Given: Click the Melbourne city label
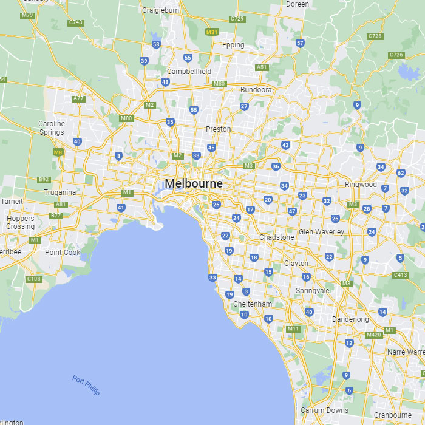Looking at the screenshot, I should coord(194,183).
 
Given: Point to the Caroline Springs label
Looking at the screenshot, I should coord(52,128).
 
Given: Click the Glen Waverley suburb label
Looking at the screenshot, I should coord(321,232).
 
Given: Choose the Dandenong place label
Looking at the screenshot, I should coord(350,319).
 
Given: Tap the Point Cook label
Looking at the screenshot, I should coord(63,253).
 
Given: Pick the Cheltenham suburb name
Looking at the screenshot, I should coord(252,304).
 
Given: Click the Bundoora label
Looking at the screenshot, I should coord(256,89).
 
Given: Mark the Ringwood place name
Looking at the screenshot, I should coord(361,185).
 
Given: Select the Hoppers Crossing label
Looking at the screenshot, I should coord(21,222).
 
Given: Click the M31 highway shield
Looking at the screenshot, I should coord(212,32).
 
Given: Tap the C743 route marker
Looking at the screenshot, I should coord(76,22).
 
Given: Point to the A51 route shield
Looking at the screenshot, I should coord(262,67).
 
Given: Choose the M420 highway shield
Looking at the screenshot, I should coord(373,335).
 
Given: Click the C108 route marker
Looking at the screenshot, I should coord(34,279).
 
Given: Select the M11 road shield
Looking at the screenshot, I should coord(294,329).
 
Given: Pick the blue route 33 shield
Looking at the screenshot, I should coord(212,277).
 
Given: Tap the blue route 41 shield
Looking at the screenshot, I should coord(121,208).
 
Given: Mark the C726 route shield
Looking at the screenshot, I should coord(396,55).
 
